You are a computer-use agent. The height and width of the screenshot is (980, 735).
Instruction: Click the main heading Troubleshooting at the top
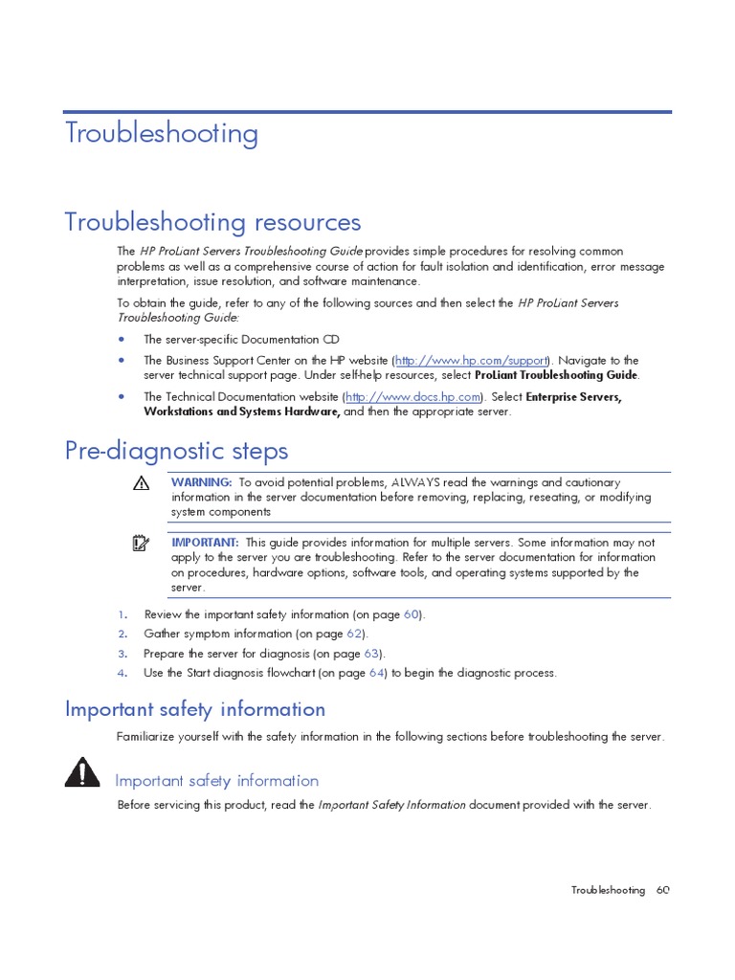(162, 133)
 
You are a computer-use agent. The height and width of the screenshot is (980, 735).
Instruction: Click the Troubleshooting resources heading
(212, 222)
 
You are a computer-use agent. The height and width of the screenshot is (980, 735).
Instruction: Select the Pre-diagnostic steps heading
(176, 450)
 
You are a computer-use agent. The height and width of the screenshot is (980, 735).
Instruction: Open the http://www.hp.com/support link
(470, 360)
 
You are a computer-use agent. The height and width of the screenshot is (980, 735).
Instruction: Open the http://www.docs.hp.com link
(412, 396)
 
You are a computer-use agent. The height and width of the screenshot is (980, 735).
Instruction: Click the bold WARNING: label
(201, 482)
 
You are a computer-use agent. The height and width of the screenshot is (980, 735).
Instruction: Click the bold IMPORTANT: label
(205, 542)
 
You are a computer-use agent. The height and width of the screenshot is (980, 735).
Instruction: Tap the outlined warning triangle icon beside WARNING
(141, 484)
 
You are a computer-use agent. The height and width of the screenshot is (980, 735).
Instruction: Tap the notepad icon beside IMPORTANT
(141, 544)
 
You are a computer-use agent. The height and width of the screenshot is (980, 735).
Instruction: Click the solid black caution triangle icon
(83, 771)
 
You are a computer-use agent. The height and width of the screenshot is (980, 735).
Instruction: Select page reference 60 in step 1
(412, 614)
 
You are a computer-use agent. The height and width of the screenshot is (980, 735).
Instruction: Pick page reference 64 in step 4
(377, 673)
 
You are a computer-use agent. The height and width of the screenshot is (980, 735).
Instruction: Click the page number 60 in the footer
(663, 890)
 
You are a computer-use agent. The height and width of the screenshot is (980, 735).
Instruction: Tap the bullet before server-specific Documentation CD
(122, 339)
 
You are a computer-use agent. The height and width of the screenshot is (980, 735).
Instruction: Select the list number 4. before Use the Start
(122, 673)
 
